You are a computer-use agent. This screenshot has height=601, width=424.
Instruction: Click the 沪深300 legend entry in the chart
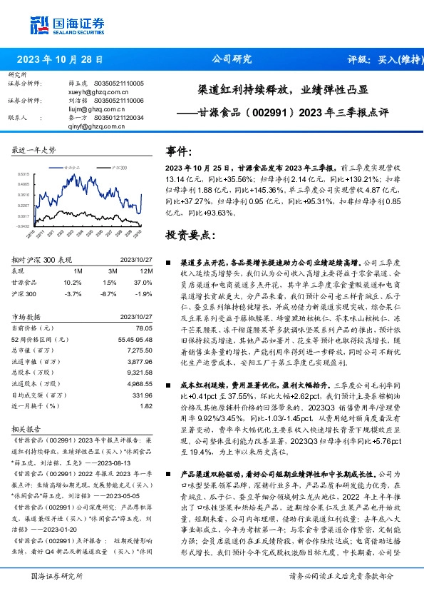pos(116,166)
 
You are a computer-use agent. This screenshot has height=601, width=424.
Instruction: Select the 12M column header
pos(144,271)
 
